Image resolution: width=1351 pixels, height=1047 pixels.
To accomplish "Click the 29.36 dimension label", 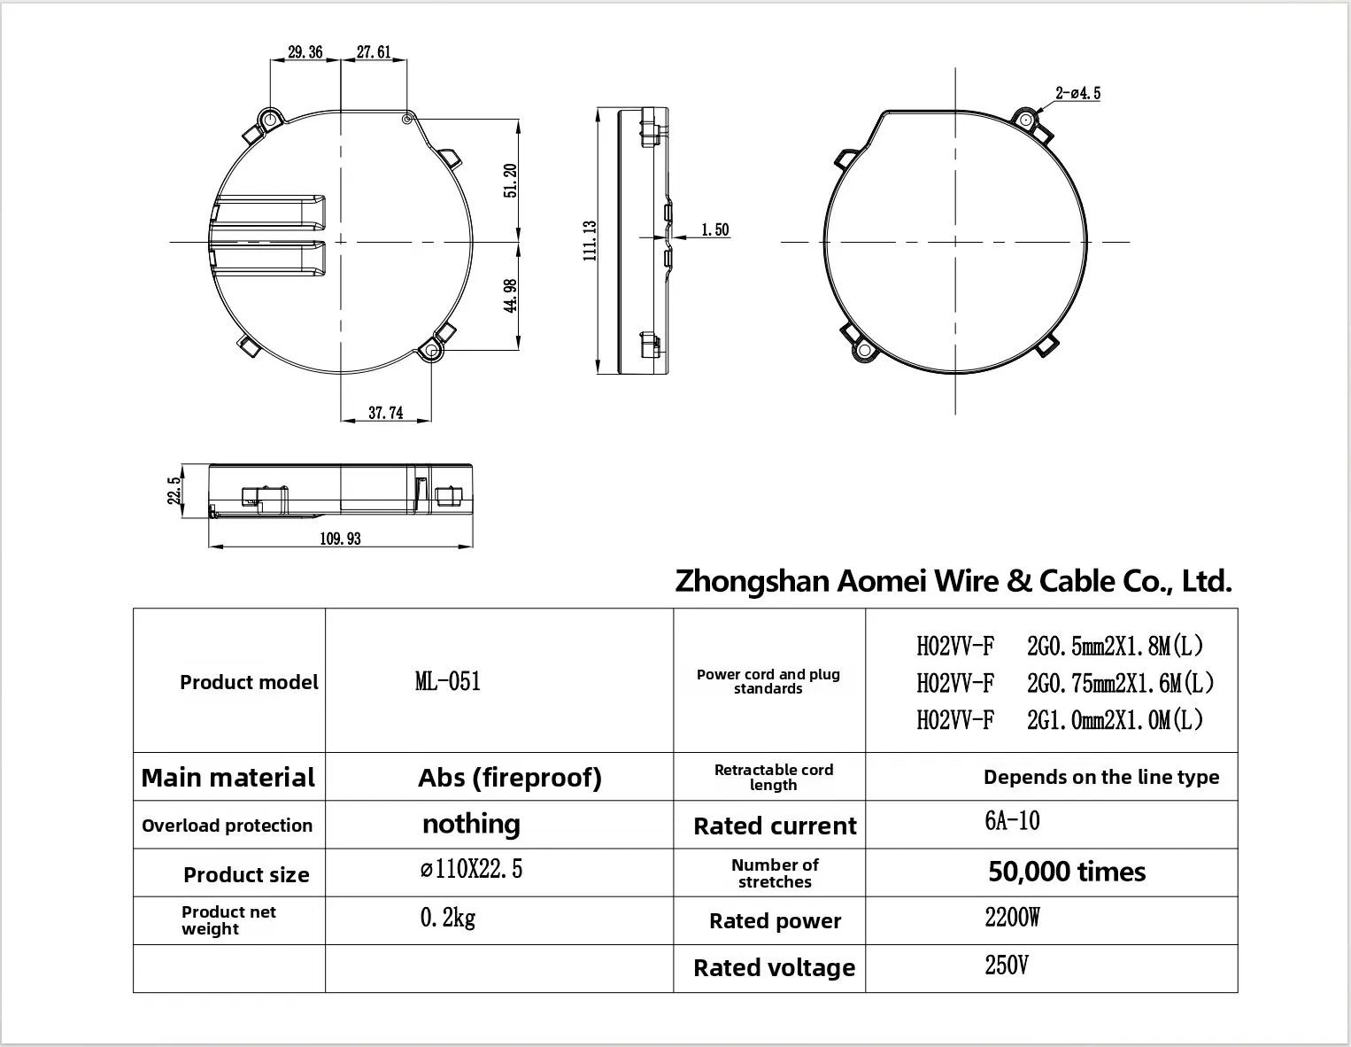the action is coord(305,52).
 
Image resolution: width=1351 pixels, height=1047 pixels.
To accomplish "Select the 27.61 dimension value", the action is coord(374,52).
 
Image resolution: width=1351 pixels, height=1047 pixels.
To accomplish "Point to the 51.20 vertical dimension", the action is coord(510,181).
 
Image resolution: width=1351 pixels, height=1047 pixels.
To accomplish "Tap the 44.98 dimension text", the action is coord(510,296).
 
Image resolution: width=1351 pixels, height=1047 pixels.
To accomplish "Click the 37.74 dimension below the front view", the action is coord(385,413).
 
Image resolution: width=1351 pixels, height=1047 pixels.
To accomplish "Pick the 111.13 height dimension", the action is coord(590,241).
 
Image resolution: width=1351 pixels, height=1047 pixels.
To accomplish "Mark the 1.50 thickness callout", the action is coord(715,230).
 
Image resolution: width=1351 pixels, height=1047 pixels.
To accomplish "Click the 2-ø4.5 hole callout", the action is coord(1078,93).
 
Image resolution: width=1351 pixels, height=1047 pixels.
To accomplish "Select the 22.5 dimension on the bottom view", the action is coord(174,491).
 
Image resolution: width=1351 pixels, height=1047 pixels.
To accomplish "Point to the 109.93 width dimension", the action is coord(340,539).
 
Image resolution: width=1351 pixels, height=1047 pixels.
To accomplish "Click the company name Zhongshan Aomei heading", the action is coord(953,581).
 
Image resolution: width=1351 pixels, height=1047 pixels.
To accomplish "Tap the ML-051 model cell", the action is coord(448,681).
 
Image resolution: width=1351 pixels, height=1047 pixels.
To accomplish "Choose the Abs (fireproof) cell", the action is coord(510,778).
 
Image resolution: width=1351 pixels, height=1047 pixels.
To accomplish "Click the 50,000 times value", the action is coord(1067,872).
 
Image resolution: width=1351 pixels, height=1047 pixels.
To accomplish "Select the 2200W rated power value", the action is coord(1012,918).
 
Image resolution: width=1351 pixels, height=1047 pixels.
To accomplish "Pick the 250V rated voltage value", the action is coord(1007,966).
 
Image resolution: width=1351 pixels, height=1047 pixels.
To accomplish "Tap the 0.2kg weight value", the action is coord(448,919).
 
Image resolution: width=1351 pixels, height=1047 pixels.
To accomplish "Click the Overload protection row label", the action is coord(227,826).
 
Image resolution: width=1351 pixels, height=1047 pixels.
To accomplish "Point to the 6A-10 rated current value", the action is coord(1012,821).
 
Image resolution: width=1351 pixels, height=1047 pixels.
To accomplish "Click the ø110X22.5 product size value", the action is coord(471,869).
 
